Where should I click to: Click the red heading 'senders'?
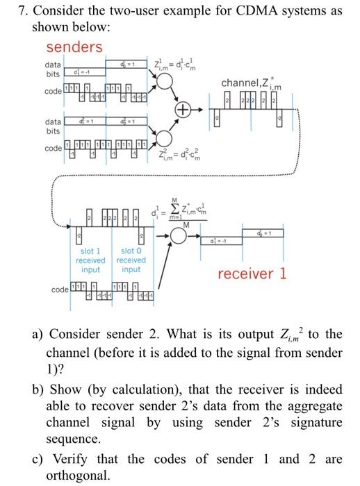click(x=74, y=47)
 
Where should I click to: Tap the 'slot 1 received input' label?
click(x=91, y=260)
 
